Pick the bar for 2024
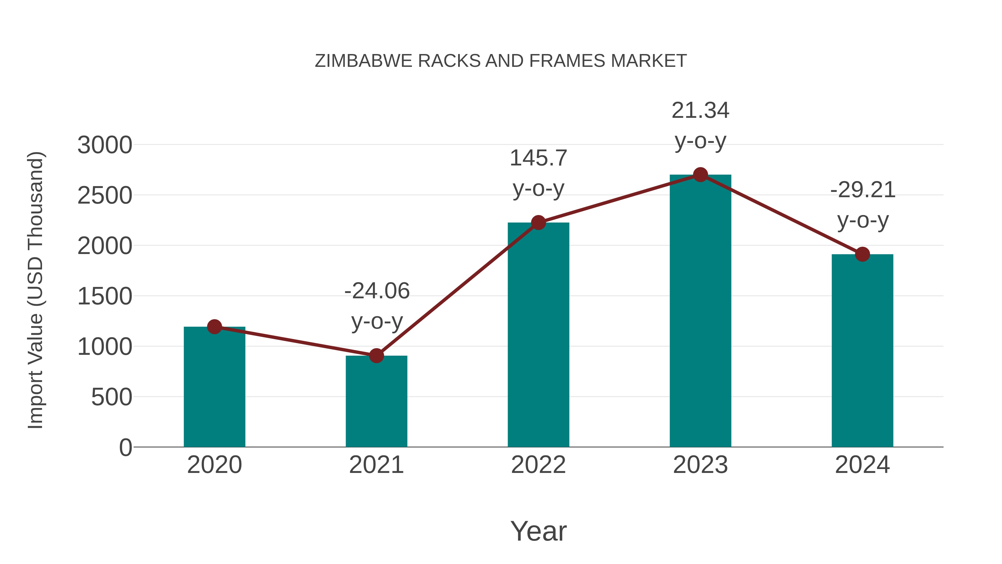point(862,350)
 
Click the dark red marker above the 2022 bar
point(538,223)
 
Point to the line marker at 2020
point(214,327)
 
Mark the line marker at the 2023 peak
point(700,175)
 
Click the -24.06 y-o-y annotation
point(377,306)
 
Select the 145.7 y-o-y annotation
point(538,173)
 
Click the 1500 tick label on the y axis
point(105,296)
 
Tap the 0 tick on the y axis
point(126,447)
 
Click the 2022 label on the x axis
point(538,465)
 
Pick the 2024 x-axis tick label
point(862,465)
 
